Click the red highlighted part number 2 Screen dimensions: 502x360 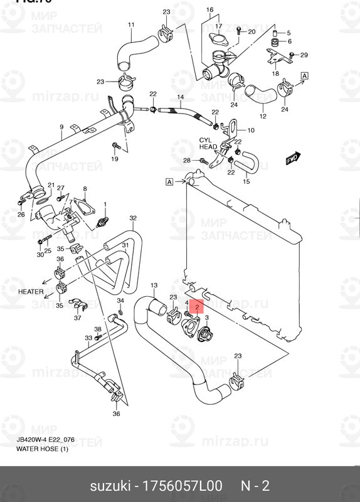pos(198,307)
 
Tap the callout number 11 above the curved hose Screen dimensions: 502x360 pos(131,25)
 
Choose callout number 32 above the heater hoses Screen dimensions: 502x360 pos(133,218)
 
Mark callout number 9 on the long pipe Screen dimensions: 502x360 pos(61,127)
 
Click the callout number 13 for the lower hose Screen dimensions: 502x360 pos(154,286)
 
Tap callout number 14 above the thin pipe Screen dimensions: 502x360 pos(180,97)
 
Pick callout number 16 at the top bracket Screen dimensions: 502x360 pos(209,10)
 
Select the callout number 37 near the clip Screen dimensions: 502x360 pos(77,318)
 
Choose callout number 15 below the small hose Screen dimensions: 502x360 pos(246,181)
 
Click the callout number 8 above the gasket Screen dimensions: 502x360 pos(85,189)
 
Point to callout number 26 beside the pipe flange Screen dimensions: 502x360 pos(21,215)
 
